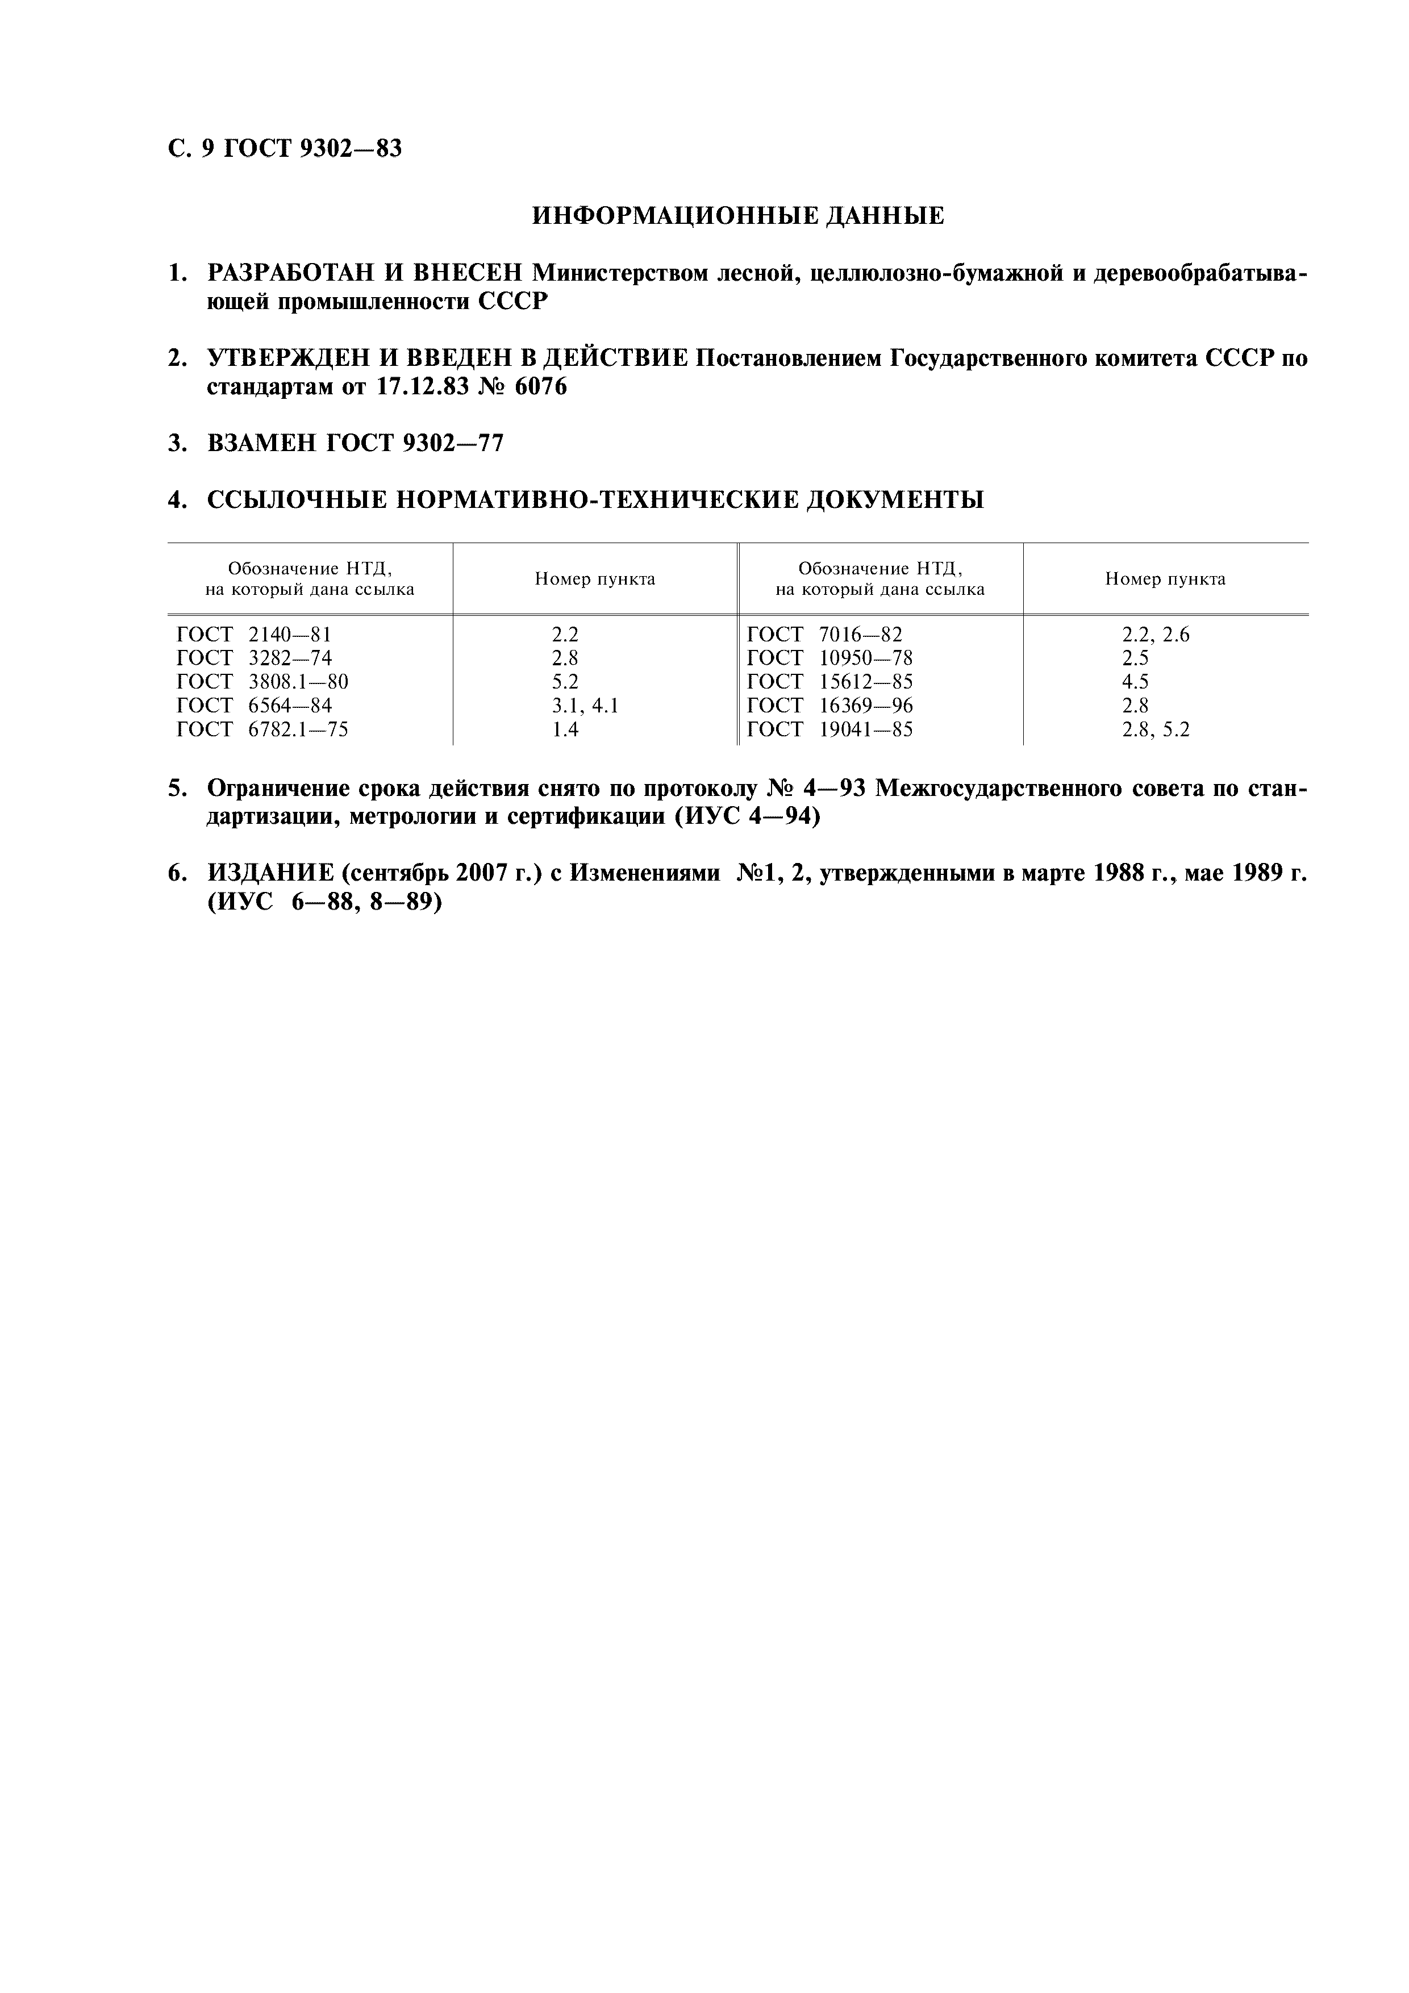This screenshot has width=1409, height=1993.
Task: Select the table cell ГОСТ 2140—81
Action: click(255, 635)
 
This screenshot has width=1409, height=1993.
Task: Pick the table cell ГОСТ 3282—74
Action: click(255, 658)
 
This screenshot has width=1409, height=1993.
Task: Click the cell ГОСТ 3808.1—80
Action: click(262, 681)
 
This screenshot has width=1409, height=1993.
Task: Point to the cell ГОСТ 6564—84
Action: click(255, 705)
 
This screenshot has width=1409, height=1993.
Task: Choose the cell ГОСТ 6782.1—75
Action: click(262, 729)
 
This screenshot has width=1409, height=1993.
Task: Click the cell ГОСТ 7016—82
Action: click(825, 635)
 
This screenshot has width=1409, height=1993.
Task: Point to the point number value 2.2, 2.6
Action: click(1156, 635)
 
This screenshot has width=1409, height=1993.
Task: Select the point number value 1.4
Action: click(565, 729)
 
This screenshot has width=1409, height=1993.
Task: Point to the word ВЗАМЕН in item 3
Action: click(261, 444)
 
